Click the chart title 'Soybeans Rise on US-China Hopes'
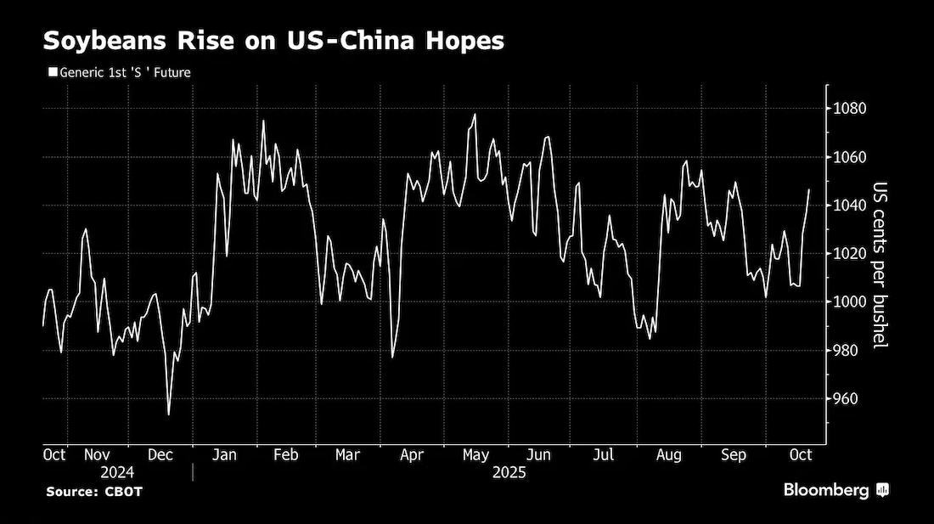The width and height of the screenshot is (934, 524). pyautogui.click(x=273, y=41)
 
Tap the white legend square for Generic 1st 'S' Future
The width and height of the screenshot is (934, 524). pyautogui.click(x=53, y=73)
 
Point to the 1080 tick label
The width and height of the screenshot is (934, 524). pyautogui.click(x=850, y=109)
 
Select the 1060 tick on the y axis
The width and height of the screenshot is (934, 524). pyautogui.click(x=850, y=157)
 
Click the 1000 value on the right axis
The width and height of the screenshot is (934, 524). pyautogui.click(x=850, y=301)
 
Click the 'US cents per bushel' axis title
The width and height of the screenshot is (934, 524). pyautogui.click(x=880, y=265)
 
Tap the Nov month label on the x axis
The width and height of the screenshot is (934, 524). pyautogui.click(x=97, y=455)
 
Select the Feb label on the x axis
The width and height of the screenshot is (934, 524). pyautogui.click(x=286, y=455)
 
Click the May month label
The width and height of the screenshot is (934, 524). pyautogui.click(x=475, y=455)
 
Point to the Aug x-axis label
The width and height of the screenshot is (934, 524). pyautogui.click(x=668, y=455)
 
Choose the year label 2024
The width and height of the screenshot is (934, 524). pyautogui.click(x=117, y=473)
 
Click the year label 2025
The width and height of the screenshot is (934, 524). pyautogui.click(x=509, y=473)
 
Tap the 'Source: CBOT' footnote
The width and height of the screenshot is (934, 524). pyautogui.click(x=94, y=492)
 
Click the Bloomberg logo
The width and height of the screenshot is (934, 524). pyautogui.click(x=836, y=490)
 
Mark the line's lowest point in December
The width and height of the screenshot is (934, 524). pyautogui.click(x=169, y=414)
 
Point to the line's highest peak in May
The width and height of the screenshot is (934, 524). pyautogui.click(x=475, y=115)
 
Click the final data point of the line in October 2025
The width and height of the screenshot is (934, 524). pyautogui.click(x=809, y=190)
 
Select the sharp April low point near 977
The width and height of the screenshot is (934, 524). pyautogui.click(x=392, y=358)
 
